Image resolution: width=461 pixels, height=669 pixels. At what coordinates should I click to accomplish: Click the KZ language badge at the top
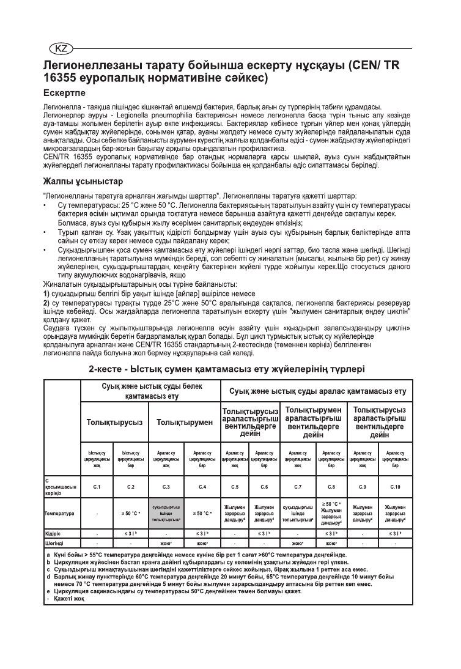pos(59,48)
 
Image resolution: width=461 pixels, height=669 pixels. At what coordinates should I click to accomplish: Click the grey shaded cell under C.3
pos(166,514)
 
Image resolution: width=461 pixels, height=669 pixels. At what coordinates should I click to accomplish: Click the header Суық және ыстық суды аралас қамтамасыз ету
pos(317,391)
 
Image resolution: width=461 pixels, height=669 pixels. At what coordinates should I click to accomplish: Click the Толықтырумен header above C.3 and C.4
pos(184,422)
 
